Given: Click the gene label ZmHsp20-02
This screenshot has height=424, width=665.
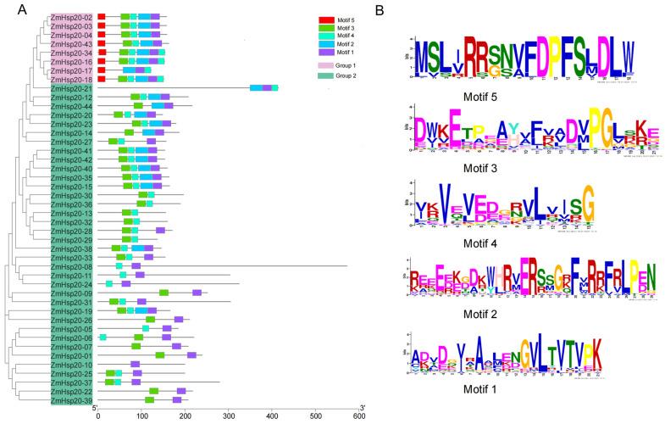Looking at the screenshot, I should tap(71, 17).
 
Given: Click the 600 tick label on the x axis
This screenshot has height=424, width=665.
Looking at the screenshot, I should tap(359, 416).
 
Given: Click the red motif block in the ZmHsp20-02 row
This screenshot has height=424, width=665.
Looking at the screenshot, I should tap(102, 17).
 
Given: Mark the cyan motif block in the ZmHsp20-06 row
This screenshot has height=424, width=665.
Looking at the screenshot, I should tap(103, 338).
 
